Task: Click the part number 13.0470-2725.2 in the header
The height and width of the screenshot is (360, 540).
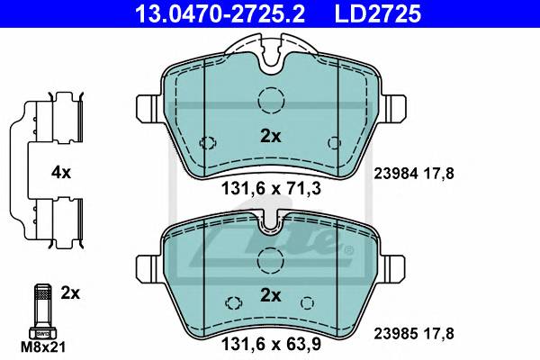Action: [x=220, y=13]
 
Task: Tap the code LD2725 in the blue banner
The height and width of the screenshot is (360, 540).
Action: [x=378, y=13]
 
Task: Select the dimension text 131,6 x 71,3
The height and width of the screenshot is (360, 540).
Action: [x=271, y=188]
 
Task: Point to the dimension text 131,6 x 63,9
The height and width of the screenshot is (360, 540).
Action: [x=271, y=344]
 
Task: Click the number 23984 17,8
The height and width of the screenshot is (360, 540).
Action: [x=414, y=174]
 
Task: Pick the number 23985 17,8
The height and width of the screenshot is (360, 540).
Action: [x=414, y=334]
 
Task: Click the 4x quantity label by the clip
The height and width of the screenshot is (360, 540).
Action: [x=61, y=172]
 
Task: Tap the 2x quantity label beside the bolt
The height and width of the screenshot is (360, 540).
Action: [x=70, y=293]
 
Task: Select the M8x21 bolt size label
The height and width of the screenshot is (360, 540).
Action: [x=43, y=347]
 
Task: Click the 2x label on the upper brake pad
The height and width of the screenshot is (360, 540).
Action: [x=270, y=137]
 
